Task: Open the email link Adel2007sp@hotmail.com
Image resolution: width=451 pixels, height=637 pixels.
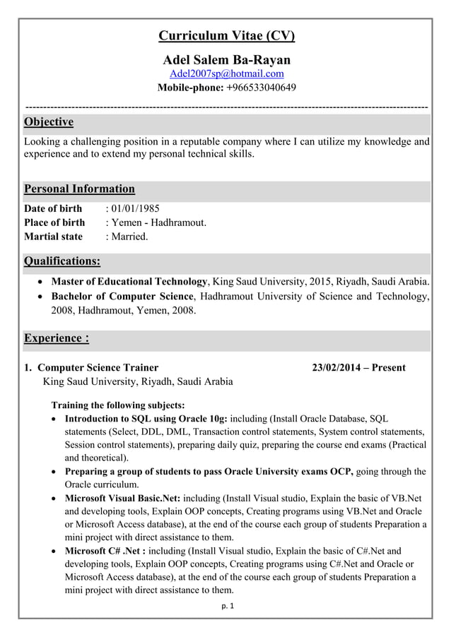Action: click(x=227, y=73)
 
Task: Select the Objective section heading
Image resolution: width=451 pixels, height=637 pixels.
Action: click(x=49, y=122)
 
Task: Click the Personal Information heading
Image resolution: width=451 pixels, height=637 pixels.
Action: click(x=79, y=189)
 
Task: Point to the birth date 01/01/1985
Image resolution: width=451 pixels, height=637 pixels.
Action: click(x=135, y=208)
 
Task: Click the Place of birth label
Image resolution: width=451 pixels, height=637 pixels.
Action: click(x=54, y=222)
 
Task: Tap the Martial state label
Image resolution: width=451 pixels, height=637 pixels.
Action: click(x=53, y=237)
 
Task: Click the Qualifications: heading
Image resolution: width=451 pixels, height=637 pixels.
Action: click(x=62, y=261)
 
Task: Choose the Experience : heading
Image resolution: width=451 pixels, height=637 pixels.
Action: click(x=57, y=338)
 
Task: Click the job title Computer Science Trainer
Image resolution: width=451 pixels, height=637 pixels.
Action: click(x=98, y=367)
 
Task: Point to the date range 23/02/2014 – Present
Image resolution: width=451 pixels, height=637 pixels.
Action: click(x=359, y=367)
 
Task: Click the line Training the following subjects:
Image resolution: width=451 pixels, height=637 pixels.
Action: click(x=118, y=405)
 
